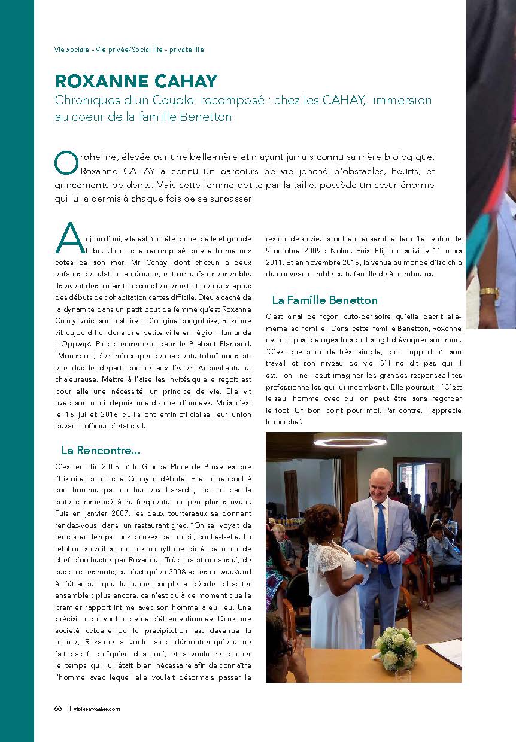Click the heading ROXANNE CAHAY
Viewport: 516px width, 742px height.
pos(136,81)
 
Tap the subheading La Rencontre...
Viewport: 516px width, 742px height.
pos(101,449)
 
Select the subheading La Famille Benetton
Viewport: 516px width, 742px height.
pos(324,300)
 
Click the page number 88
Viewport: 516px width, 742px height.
pos(58,708)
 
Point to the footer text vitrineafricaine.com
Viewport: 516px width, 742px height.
pos(96,709)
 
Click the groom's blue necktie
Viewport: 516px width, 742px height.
pos(381,539)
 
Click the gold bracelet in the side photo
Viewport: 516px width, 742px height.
pos(489,293)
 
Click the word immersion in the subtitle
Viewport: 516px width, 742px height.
pos(402,101)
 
